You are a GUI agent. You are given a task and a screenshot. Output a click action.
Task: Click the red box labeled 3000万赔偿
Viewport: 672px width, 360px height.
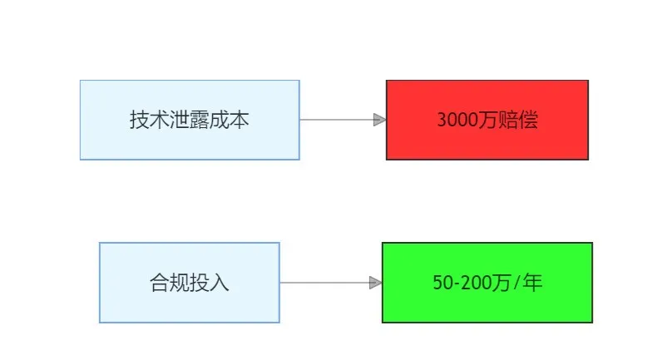(x=487, y=120)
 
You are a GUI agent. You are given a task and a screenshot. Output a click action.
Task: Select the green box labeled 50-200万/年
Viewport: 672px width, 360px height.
(x=487, y=283)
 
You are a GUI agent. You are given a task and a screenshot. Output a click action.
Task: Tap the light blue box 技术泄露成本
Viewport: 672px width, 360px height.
(x=190, y=120)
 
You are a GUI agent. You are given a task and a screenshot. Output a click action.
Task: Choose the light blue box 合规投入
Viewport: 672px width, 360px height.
(x=190, y=283)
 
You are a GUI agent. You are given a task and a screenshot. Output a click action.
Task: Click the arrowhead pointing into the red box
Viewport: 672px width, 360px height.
(x=380, y=120)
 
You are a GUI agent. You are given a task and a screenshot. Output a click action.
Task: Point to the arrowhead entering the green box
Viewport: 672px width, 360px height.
(x=375, y=283)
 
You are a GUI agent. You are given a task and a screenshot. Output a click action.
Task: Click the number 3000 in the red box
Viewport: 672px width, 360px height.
(x=457, y=120)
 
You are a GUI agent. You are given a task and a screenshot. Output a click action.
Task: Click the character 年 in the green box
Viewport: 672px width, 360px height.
(x=533, y=283)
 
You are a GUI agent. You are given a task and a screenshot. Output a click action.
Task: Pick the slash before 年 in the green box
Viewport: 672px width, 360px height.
(x=516, y=283)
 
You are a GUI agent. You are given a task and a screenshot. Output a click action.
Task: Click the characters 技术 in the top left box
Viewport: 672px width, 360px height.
(x=150, y=120)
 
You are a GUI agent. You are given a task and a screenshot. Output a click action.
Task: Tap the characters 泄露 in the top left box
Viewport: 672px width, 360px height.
(x=190, y=120)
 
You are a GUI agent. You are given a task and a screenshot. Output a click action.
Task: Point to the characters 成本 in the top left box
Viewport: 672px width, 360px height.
(x=230, y=120)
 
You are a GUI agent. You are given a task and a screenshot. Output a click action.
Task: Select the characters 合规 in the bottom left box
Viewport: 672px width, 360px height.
(x=170, y=283)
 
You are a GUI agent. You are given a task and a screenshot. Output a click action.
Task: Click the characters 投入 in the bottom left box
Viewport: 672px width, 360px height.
(x=210, y=283)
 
